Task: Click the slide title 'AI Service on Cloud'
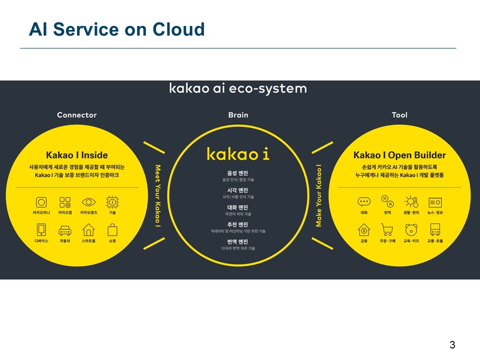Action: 117,29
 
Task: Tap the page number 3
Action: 452,344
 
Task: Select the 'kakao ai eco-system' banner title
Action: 238,88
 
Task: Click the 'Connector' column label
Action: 77,115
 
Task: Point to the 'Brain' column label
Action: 238,115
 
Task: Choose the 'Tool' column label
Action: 399,115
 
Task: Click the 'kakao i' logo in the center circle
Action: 238,153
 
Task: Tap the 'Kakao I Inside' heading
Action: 77,155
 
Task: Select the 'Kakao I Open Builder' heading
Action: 399,155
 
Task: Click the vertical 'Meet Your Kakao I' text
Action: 157,196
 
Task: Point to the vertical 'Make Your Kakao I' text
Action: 318,196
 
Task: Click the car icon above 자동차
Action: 65,230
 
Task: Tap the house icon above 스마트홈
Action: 88,229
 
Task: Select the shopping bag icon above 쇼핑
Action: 112,229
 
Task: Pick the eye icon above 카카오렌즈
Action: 88,202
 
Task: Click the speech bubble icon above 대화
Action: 363,202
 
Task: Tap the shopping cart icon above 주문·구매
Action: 387,229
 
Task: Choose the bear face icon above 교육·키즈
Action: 411,229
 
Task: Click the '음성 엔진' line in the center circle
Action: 238,173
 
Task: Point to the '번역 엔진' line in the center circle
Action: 238,242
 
